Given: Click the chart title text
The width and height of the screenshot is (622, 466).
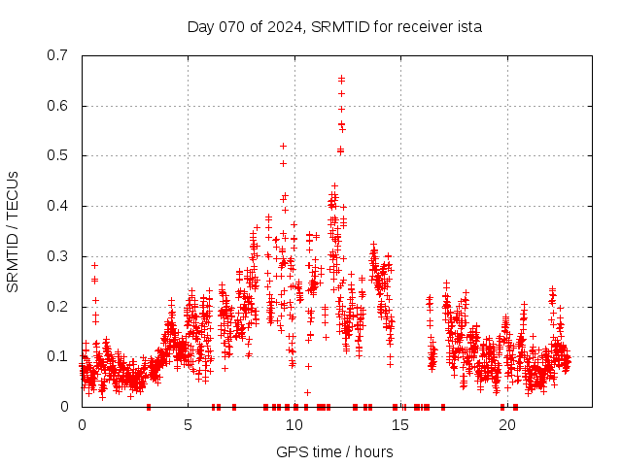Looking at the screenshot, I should click(x=334, y=26).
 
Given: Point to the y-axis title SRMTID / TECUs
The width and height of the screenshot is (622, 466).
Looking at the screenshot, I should click(x=14, y=231).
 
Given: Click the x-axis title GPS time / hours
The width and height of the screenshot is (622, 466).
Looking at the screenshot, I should click(x=334, y=451).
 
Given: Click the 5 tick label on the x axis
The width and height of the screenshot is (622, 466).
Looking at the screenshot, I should click(x=188, y=425).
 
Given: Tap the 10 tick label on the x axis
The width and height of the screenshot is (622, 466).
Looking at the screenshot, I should click(x=294, y=425).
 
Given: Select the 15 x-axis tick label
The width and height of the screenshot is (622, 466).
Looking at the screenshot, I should click(x=400, y=425).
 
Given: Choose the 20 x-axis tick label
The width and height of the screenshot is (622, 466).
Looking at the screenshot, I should click(x=507, y=425).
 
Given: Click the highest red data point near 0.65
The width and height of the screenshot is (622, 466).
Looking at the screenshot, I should click(x=341, y=78).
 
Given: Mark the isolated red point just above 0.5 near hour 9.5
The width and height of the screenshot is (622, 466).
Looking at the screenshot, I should click(x=283, y=146).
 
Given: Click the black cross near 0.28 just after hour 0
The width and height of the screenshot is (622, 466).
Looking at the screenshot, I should click(x=94, y=265).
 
